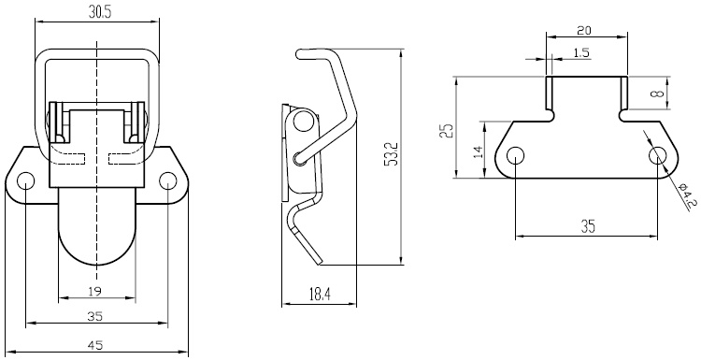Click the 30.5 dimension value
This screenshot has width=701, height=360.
pos(99,12)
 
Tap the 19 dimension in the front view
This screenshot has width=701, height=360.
pos(94,292)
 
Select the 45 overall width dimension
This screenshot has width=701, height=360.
pos(95,345)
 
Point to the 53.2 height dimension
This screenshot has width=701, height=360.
pos(391,154)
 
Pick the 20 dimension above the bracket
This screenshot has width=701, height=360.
pos(584,31)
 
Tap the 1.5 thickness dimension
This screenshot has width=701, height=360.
pos(581,52)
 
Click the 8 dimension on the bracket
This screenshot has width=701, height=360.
pos(657,94)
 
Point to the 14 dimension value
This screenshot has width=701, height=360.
pos(478,151)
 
